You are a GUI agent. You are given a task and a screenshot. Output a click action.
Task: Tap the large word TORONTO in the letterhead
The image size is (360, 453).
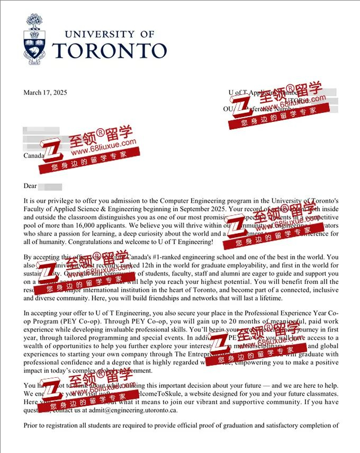click(110, 50)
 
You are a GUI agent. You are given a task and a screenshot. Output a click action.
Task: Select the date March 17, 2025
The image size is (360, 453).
click(45, 92)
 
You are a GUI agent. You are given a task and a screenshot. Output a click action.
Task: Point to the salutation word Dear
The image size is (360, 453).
click(30, 186)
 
